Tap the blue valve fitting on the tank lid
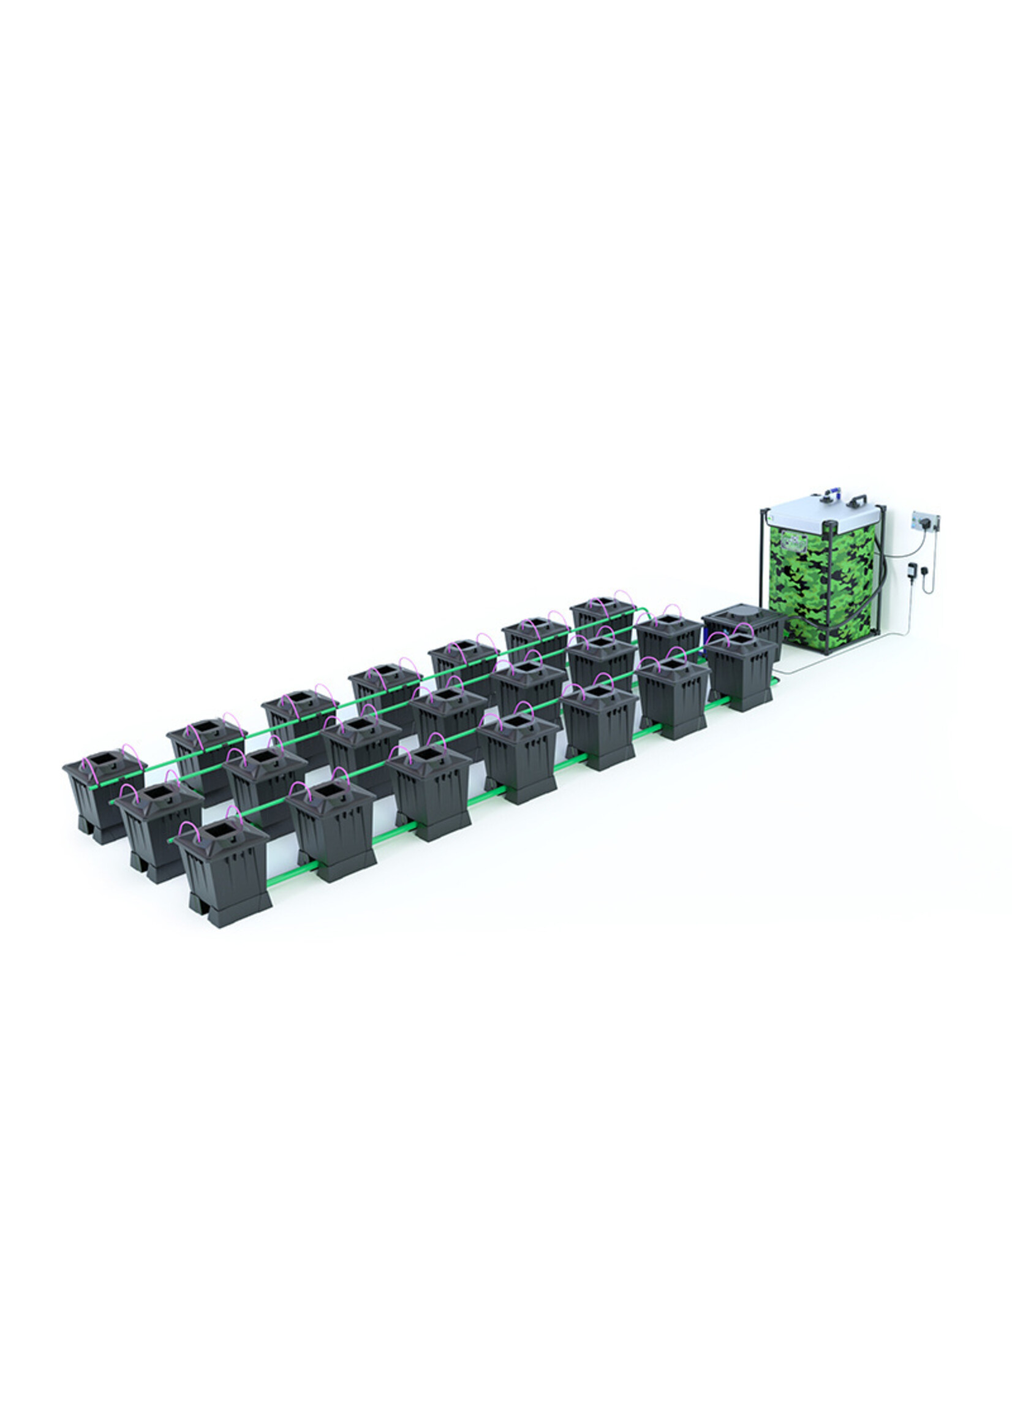829,496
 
